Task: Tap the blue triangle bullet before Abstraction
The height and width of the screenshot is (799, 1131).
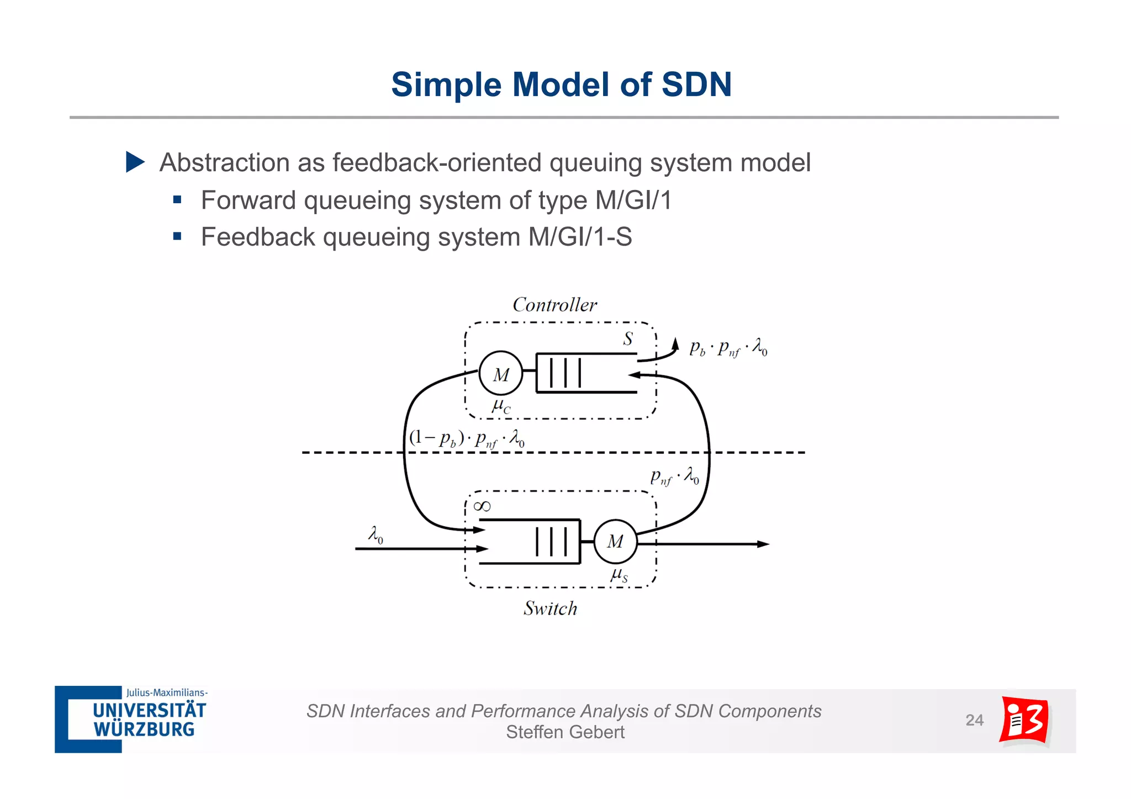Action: click(x=135, y=162)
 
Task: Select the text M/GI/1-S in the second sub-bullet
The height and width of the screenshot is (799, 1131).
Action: click(x=580, y=237)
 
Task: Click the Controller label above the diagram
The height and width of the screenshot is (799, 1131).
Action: click(x=554, y=305)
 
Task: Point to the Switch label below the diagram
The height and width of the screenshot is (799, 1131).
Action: click(x=550, y=608)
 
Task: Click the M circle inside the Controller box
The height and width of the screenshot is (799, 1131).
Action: click(x=500, y=374)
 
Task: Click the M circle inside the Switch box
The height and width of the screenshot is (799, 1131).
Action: click(x=615, y=542)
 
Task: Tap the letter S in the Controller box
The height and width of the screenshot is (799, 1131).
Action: click(x=628, y=338)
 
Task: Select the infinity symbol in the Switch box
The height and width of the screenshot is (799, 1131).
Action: click(x=482, y=506)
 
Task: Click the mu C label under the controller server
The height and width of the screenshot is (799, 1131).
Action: click(x=501, y=407)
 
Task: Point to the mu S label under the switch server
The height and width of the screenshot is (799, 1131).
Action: click(x=619, y=575)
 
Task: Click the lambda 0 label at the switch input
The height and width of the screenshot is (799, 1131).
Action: click(x=376, y=534)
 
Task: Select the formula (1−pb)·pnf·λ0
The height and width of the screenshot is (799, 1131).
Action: click(x=467, y=439)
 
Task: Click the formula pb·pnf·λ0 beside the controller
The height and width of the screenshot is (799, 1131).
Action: click(x=728, y=348)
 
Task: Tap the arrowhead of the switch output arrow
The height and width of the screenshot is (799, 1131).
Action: click(x=763, y=544)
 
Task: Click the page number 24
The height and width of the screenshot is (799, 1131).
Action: click(x=974, y=720)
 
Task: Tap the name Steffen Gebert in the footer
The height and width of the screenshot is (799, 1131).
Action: click(x=565, y=732)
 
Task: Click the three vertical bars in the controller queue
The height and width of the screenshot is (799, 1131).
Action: click(x=565, y=373)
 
